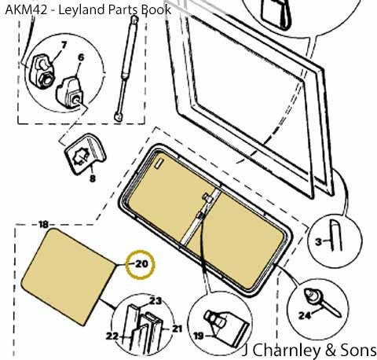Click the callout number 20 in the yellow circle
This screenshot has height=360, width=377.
pyautogui.click(x=141, y=264)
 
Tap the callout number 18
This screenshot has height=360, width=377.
pyautogui.click(x=43, y=224)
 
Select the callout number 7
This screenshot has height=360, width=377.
pyautogui.click(x=64, y=46)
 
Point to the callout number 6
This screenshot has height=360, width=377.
pyautogui.click(x=81, y=57)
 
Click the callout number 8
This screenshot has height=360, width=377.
pyautogui.click(x=93, y=178)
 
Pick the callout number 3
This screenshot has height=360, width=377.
pyautogui.click(x=318, y=241)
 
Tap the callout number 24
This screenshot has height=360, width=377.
pyautogui.click(x=305, y=315)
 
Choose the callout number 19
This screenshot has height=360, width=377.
pyautogui.click(x=199, y=336)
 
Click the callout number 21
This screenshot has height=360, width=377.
pyautogui.click(x=177, y=329)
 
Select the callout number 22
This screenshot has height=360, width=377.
pyautogui.click(x=112, y=336)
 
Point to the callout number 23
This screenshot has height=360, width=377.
pyautogui.click(x=156, y=301)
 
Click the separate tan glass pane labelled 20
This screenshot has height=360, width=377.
pyautogui.click(x=68, y=277)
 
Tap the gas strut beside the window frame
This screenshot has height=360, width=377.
pyautogui.click(x=126, y=68)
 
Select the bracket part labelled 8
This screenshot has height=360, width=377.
pyautogui.click(x=85, y=153)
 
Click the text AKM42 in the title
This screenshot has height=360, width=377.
pyautogui.click(x=26, y=10)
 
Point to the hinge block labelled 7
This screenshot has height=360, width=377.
pyautogui.click(x=42, y=72)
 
